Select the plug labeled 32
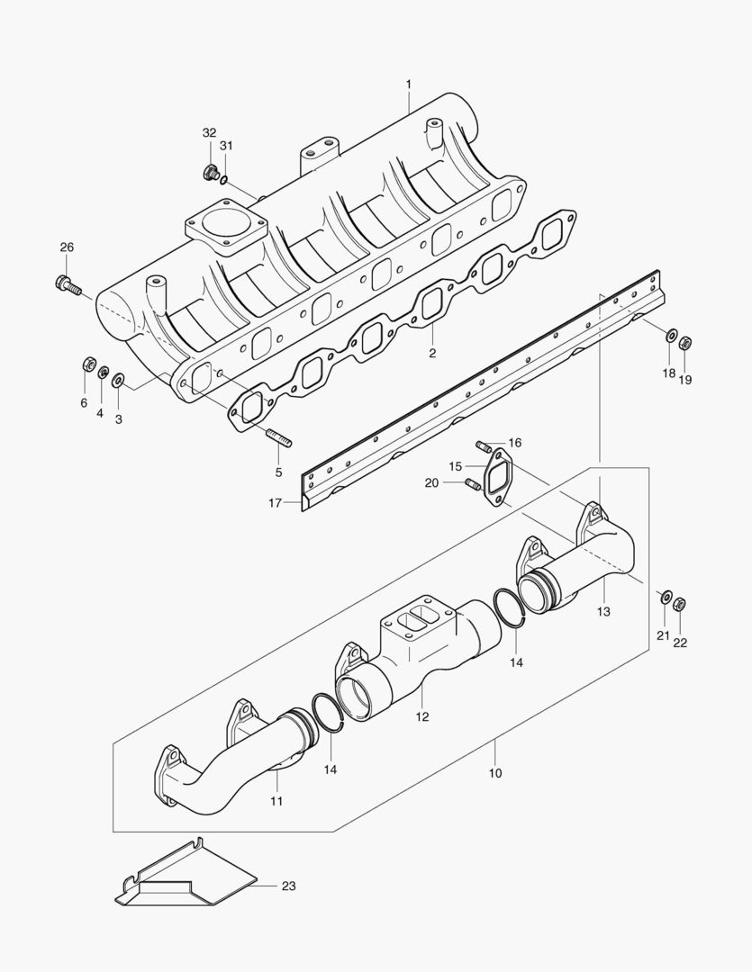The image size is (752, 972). coord(210,172)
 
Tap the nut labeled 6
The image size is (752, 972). coord(89,364)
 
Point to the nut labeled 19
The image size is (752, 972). coord(684,342)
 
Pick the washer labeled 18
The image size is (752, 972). coord(670,336)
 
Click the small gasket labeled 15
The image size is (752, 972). coord(495,478)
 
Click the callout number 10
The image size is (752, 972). coord(495,773)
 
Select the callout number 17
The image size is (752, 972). coord(276,503)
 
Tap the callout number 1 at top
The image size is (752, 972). coord(408,84)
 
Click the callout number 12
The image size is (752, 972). coord(421,717)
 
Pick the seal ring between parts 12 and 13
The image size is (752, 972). coord(511,606)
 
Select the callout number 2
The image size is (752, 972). coord(432,353)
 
